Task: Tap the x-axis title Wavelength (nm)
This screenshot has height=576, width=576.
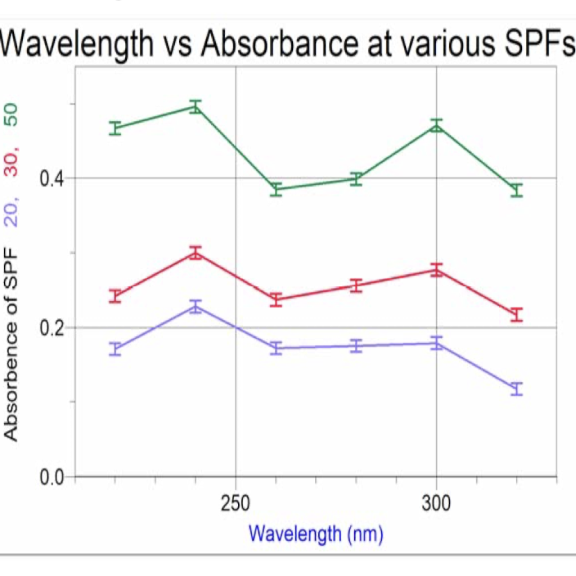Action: coord(316,535)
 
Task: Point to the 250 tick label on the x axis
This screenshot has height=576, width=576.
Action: coord(236,502)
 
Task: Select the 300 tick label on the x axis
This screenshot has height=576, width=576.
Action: coord(435,502)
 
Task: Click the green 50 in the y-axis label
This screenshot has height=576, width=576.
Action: coord(11,115)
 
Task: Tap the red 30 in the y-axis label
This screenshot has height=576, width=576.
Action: coord(11,163)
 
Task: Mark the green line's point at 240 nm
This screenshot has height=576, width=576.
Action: coord(196,106)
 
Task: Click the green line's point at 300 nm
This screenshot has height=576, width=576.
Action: coord(436,126)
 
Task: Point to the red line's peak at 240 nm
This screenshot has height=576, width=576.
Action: coord(196,253)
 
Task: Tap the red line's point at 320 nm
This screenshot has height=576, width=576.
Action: coord(516,314)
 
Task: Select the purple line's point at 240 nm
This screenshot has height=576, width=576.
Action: coord(196,307)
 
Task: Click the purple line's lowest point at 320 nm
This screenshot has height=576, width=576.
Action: coord(516,389)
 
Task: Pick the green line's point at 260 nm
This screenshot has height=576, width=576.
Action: coord(277,189)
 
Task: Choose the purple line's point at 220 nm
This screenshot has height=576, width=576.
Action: coord(115,349)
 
